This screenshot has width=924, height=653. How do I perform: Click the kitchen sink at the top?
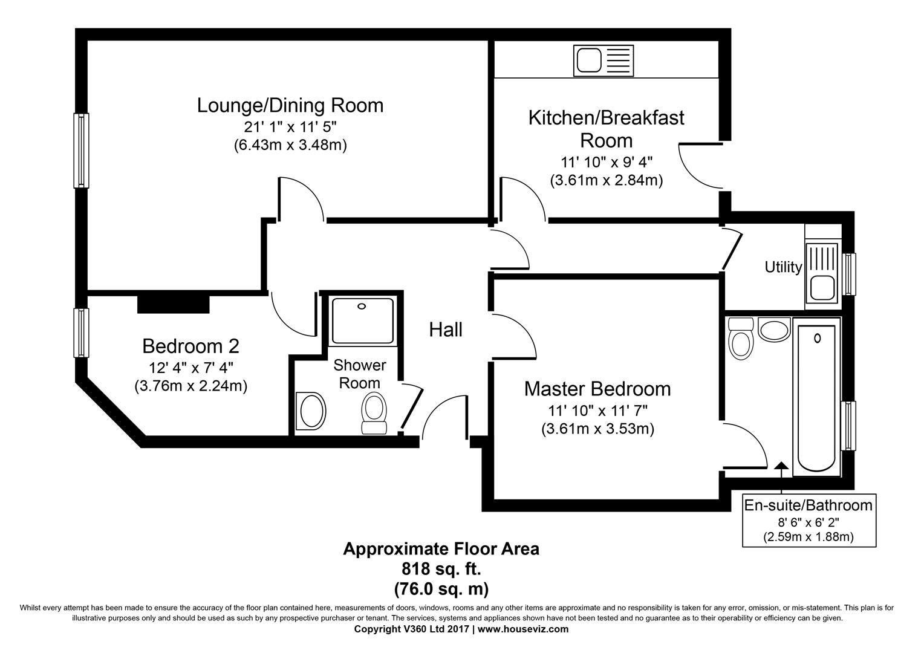tap(604, 61)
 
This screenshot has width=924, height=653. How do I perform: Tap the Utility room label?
tap(783, 267)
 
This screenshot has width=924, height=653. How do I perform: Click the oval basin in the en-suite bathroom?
tap(774, 330)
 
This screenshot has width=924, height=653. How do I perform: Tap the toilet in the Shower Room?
tap(374, 413)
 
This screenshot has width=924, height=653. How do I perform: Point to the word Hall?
tap(446, 330)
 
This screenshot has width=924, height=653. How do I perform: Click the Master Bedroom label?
tap(597, 388)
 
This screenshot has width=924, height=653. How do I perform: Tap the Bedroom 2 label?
tap(190, 346)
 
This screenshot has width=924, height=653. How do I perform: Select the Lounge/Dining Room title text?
tap(290, 105)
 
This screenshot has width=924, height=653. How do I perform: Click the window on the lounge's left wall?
tap(81, 150)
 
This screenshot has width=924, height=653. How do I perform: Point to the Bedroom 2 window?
tap(81, 333)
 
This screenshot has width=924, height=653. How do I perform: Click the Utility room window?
tap(850, 274)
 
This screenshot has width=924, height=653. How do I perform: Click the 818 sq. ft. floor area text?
tap(441, 568)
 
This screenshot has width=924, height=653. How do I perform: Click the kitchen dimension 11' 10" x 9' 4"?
tap(606, 162)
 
